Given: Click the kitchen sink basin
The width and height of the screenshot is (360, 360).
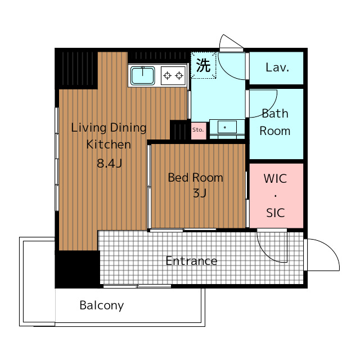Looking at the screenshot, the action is (142, 76).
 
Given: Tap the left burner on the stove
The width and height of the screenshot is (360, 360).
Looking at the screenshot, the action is (168, 75).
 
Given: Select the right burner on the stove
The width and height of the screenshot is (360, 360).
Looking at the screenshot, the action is (179, 75).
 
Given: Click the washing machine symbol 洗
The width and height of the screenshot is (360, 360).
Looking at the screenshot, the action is (204, 65).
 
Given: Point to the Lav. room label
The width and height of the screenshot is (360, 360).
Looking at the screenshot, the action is (277, 67).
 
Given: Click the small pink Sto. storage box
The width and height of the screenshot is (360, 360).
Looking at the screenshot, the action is (199, 130).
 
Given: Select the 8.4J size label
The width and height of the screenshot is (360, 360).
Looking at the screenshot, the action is (109, 164).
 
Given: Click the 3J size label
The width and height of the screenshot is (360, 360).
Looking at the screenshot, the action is (200, 193).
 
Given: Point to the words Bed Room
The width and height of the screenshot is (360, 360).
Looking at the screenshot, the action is (196, 178).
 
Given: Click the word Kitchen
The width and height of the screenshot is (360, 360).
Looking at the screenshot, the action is (109, 145).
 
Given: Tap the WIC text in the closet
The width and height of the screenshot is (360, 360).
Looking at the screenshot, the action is (275, 179).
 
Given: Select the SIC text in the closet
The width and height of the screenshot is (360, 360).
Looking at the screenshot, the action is (276, 213).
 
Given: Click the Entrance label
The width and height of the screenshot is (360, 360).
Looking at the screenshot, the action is (191, 261).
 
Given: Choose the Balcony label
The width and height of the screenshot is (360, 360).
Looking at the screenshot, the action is (102, 305).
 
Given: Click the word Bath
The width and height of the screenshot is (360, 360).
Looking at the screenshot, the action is (275, 114).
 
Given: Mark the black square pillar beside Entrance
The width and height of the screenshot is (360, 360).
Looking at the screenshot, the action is (78, 269).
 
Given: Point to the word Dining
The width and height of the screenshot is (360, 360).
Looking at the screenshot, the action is (128, 128).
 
